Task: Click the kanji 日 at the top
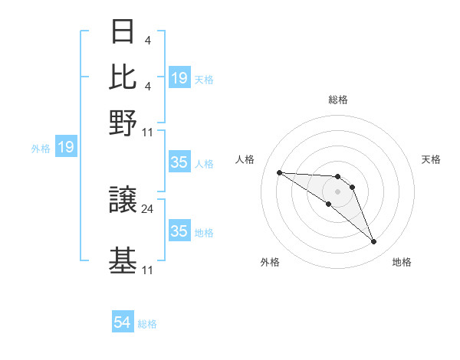[123, 31]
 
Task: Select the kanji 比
[123, 77]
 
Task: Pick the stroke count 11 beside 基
[148, 270]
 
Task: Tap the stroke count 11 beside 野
[148, 131]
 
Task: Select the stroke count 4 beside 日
[146, 40]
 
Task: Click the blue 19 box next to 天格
[179, 78]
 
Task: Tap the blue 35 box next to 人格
[179, 162]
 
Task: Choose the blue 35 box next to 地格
[179, 231]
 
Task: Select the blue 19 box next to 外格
[65, 147]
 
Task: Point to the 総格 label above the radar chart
[337, 100]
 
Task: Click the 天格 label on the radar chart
[431, 159]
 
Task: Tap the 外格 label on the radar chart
[270, 263]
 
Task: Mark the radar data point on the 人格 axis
[279, 172]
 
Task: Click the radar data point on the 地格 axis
[374, 242]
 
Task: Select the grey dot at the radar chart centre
[337, 191]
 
